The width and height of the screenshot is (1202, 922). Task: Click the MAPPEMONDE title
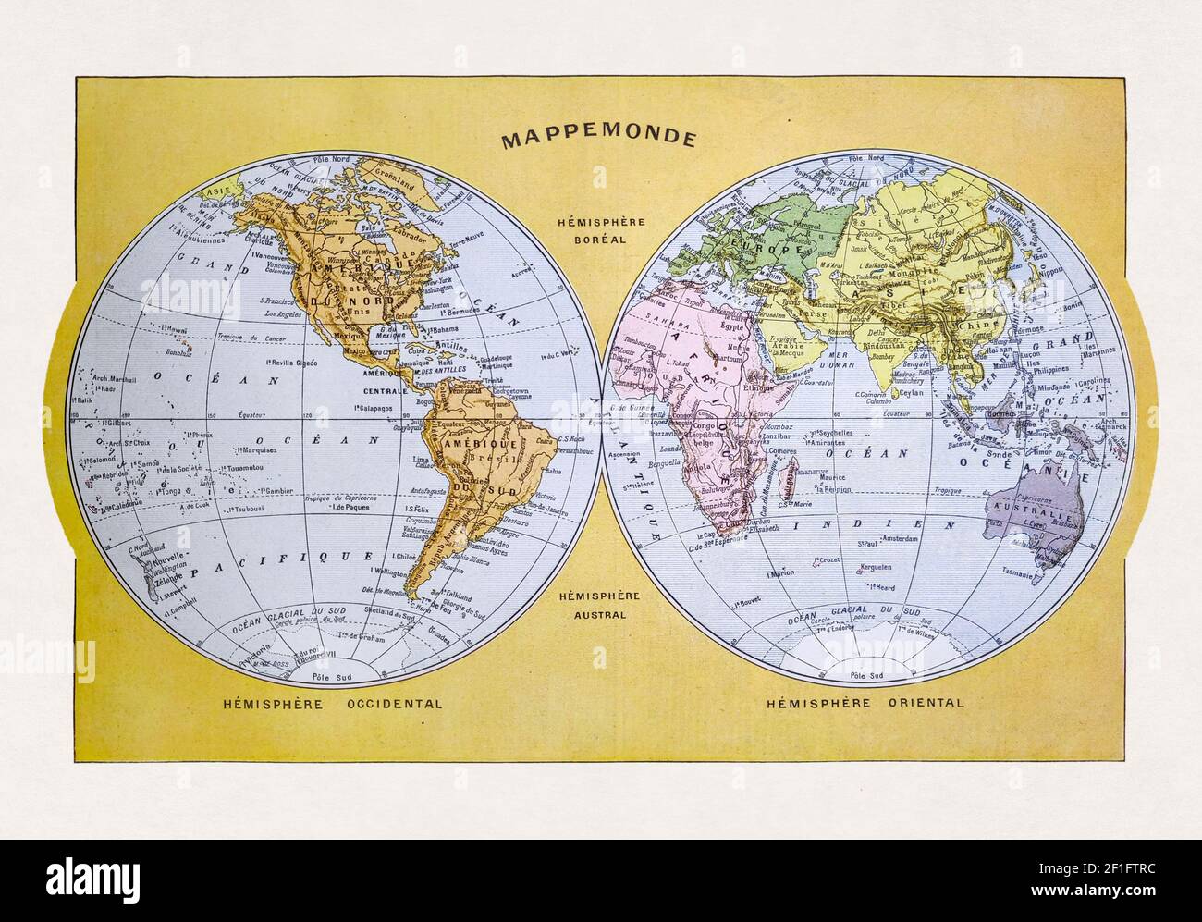click(598, 139)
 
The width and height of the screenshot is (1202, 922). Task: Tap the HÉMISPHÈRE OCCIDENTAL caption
click(332, 703)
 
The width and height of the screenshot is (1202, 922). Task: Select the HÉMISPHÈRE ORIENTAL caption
click(865, 703)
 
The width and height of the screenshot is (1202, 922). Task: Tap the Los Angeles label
click(283, 313)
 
